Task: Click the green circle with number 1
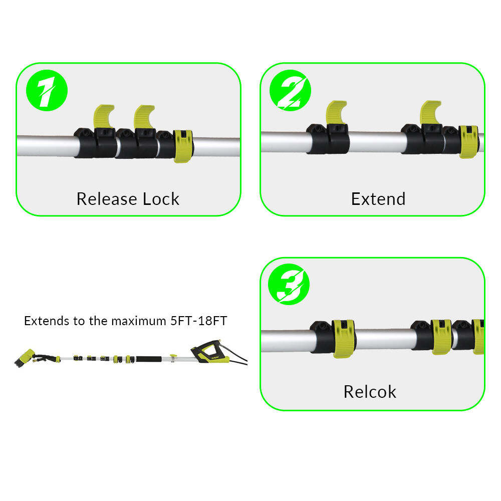[x=47, y=90]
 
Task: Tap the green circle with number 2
[x=290, y=90]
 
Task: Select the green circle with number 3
[x=289, y=284]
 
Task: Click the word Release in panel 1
[x=107, y=199]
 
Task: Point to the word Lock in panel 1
[x=161, y=199]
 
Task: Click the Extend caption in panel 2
[x=378, y=199]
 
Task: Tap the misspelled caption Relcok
[x=370, y=392]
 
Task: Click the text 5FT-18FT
[x=198, y=321]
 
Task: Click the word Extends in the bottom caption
[x=47, y=321]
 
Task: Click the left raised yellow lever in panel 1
[x=103, y=116]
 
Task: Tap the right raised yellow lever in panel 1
[x=144, y=117]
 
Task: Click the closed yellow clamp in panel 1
[x=183, y=146]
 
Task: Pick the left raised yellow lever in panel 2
[x=336, y=112]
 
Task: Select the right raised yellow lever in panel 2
[x=430, y=112]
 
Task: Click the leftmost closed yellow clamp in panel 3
[x=344, y=339]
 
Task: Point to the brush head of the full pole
[x=25, y=357]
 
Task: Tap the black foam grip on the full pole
[x=149, y=359]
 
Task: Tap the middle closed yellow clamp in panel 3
[x=441, y=337]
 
